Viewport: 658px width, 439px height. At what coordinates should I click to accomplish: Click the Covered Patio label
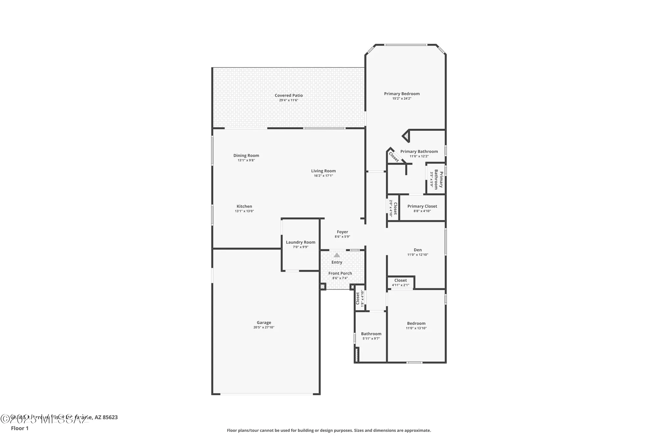click(x=289, y=96)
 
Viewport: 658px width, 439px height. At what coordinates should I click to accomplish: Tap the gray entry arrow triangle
click(x=337, y=255)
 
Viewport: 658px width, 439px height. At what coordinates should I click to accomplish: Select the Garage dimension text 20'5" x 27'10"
click(x=264, y=327)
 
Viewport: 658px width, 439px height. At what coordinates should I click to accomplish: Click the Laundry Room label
click(x=300, y=242)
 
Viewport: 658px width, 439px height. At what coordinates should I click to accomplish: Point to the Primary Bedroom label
click(x=402, y=94)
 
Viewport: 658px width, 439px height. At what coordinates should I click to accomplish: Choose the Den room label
click(x=418, y=250)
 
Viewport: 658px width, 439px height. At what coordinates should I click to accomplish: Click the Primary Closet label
click(x=422, y=206)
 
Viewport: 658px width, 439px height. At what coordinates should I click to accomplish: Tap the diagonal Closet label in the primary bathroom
click(x=394, y=157)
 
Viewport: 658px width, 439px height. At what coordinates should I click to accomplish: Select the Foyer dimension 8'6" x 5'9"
click(x=342, y=236)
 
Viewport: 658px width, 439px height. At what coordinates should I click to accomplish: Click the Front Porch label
click(x=340, y=273)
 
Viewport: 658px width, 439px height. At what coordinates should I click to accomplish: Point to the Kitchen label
click(x=244, y=206)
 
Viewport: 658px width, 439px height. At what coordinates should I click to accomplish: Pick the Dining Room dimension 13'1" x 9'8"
click(x=246, y=160)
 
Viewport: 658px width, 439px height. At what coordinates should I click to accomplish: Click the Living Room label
click(x=323, y=171)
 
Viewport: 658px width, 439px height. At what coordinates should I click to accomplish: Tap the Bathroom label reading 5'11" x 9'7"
click(x=371, y=334)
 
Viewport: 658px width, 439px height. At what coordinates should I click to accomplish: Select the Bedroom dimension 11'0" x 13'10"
click(x=416, y=328)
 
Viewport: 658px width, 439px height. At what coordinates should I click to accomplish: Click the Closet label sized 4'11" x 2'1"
click(x=400, y=281)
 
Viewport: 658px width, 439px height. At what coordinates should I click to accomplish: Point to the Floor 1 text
click(x=20, y=428)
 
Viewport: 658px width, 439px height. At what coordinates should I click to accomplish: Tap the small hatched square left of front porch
click(x=322, y=287)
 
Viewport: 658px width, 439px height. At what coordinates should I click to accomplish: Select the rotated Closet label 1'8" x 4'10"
click(x=358, y=298)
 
